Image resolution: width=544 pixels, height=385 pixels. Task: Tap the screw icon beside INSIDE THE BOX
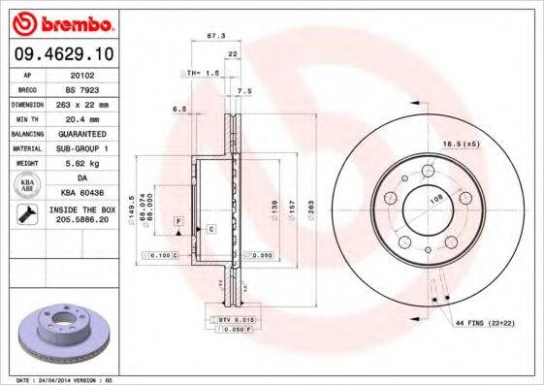[x=25, y=215]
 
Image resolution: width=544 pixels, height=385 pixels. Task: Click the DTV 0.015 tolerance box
[x=230, y=319]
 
